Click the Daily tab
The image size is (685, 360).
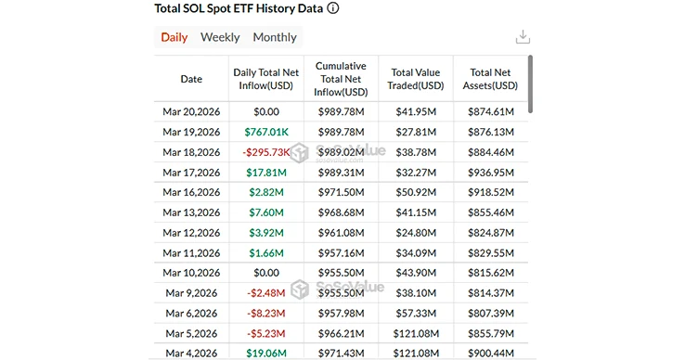(x=174, y=37)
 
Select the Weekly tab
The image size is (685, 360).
(x=220, y=37)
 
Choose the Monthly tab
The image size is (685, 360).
(x=275, y=37)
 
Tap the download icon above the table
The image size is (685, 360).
(x=523, y=37)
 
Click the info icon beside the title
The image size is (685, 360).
(x=333, y=8)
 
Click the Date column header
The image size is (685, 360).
(x=191, y=79)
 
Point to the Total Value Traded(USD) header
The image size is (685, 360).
(x=416, y=79)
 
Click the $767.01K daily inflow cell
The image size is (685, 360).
(x=266, y=132)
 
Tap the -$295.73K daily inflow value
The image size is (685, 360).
(x=266, y=152)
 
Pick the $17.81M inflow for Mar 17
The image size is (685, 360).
(x=266, y=173)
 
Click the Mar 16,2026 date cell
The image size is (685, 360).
(x=191, y=193)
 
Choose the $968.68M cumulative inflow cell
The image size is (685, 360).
(x=341, y=213)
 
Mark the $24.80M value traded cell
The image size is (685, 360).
(x=416, y=233)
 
